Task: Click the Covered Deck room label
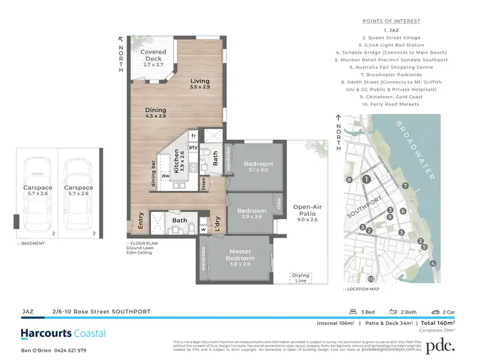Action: (x=153, y=56)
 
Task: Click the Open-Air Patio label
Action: (x=307, y=211)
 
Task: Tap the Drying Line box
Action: (x=300, y=277)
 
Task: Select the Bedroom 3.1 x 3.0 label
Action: (x=259, y=167)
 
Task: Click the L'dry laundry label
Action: (x=218, y=222)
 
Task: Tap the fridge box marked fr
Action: (x=192, y=136)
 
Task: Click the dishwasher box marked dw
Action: (x=165, y=176)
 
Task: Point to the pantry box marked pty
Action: (x=192, y=147)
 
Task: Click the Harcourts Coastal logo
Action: (x=63, y=333)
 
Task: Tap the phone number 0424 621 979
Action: (x=68, y=350)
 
